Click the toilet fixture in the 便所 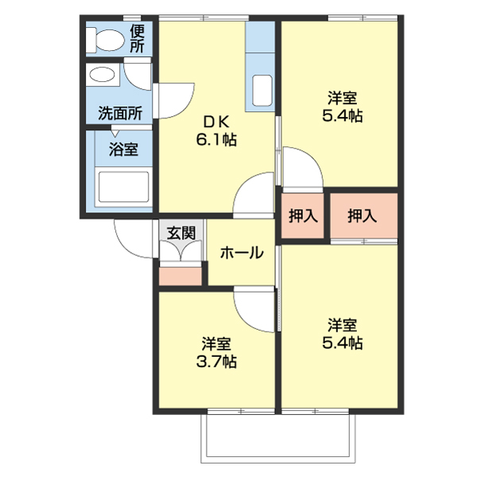pos(105,40)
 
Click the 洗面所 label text pos(120,113)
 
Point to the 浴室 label pos(123,149)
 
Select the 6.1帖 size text pos(215,139)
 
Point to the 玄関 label pos(181,233)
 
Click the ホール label pos(241,253)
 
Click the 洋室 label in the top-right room pos(342,99)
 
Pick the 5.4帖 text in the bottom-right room pos(342,343)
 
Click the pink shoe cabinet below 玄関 pos(181,276)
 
